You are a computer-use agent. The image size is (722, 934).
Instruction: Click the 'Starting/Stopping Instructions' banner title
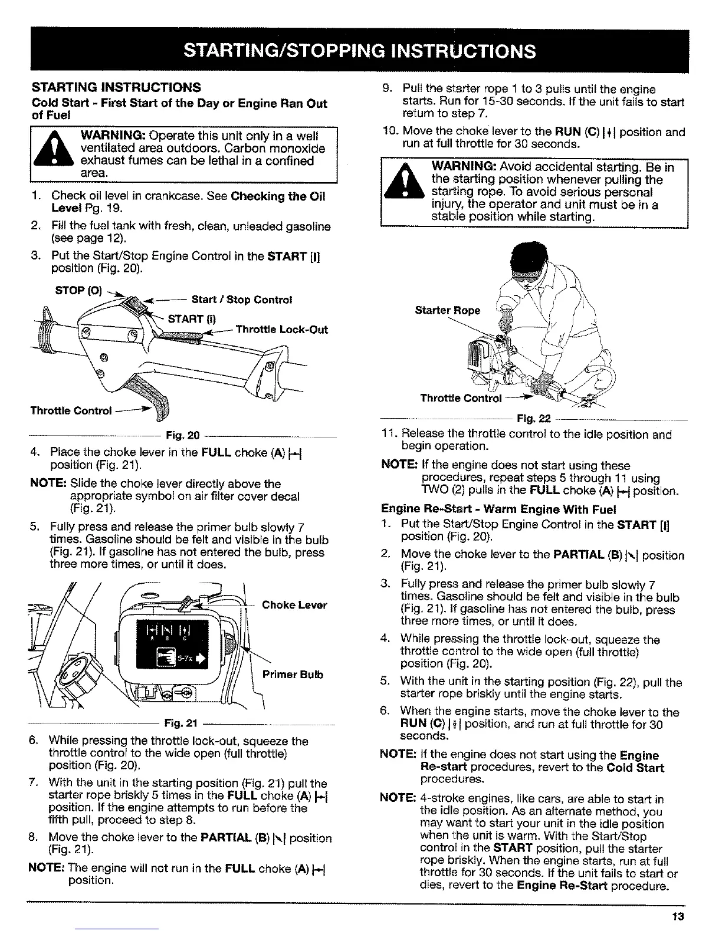360,51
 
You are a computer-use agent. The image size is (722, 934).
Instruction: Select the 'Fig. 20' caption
182,436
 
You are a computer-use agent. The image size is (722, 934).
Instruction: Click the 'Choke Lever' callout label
294,605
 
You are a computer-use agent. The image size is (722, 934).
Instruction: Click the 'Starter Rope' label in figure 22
447,311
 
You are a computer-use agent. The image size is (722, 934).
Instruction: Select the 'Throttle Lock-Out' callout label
281,330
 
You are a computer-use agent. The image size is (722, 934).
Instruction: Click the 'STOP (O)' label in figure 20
78,291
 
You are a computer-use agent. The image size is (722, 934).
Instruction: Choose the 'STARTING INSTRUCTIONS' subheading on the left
116,88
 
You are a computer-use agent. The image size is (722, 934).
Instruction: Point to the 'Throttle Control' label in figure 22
460,398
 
